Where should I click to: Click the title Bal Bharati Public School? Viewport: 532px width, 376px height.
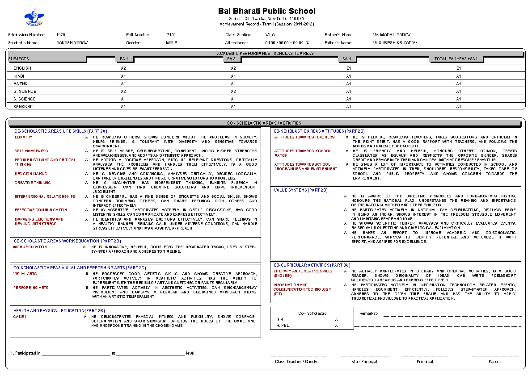click(266, 11)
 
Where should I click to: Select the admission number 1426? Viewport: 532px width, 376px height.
click(61, 34)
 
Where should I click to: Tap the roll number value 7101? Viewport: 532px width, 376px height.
click(171, 34)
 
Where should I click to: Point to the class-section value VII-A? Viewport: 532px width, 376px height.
click(270, 34)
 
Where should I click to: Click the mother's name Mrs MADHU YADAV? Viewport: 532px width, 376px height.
click(391, 34)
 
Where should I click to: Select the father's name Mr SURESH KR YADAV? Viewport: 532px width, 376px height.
click(394, 43)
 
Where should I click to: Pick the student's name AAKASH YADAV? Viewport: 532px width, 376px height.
click(72, 43)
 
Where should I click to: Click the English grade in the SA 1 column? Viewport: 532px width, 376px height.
click(349, 68)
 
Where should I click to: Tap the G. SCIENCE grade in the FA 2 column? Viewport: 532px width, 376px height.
click(233, 92)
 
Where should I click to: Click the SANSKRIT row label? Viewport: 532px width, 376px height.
click(23, 107)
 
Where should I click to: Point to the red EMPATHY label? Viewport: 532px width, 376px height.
click(24, 137)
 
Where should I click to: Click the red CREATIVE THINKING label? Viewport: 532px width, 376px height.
click(33, 183)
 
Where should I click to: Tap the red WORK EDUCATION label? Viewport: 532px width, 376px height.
click(30, 247)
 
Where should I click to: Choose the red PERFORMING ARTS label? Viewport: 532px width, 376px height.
click(31, 288)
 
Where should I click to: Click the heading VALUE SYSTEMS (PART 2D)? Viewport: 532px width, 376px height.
click(300, 190)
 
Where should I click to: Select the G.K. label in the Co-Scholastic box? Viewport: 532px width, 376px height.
click(280, 320)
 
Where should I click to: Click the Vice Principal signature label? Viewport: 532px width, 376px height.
click(364, 361)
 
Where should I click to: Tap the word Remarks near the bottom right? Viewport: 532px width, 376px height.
click(368, 313)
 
